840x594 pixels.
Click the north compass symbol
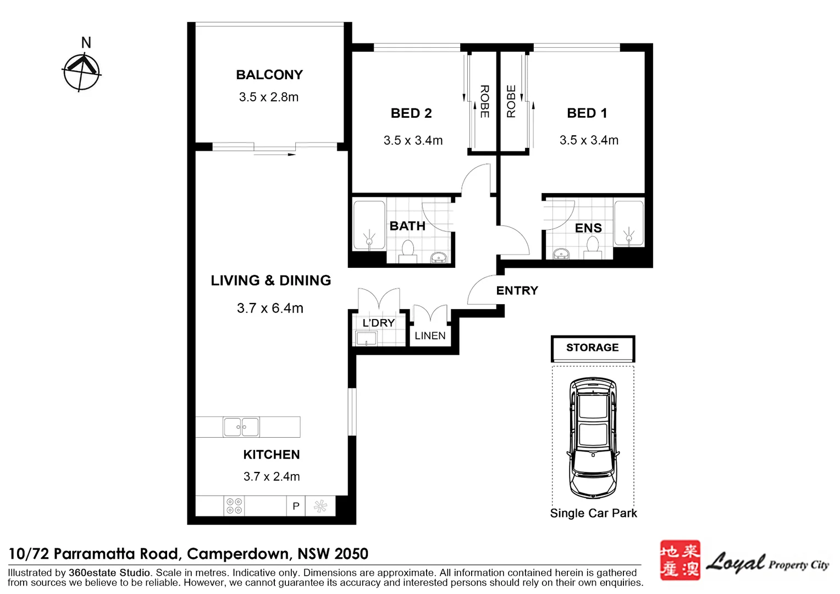[82, 71]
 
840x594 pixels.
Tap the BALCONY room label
[269, 75]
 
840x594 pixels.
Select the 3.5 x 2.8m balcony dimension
[269, 97]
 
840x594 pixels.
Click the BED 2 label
[411, 113]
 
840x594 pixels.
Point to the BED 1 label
[587, 113]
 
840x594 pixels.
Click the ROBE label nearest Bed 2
[484, 101]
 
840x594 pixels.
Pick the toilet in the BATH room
[407, 250]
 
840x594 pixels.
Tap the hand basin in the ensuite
[561, 254]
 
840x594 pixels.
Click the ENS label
[588, 228]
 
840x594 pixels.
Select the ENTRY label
[517, 291]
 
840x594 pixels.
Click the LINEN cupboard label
[430, 335]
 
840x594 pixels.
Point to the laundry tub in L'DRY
[366, 338]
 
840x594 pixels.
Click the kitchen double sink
[241, 427]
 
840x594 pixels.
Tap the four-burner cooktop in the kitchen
[234, 506]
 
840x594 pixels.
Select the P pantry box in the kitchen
[296, 506]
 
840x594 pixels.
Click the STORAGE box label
[593, 348]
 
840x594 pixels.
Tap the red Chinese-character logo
[680, 560]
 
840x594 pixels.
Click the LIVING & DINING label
[271, 280]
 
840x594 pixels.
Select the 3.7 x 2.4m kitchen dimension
[272, 477]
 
